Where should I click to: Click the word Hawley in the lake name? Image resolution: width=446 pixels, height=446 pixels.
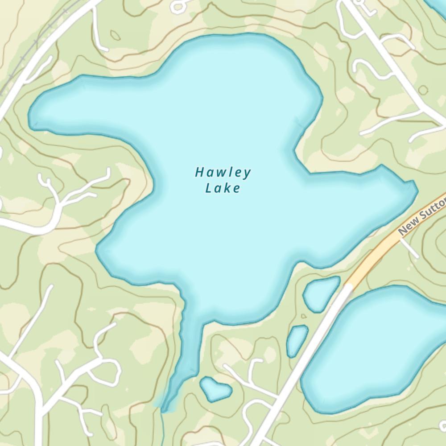click(223, 172)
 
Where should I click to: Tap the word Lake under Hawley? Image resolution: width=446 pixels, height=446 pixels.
click(223, 188)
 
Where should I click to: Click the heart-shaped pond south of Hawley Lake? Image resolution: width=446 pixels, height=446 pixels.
click(215, 388)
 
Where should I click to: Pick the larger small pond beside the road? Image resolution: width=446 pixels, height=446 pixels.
click(320, 294)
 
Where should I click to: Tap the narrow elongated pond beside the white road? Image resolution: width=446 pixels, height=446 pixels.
click(297, 340)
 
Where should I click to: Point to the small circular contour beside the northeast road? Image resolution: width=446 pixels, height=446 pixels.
click(423, 90)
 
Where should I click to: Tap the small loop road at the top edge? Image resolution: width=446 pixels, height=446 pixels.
click(179, 5)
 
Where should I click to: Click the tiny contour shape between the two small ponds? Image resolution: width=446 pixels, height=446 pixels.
click(304, 316)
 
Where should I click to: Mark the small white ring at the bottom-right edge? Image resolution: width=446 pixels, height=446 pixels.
click(443, 425)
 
